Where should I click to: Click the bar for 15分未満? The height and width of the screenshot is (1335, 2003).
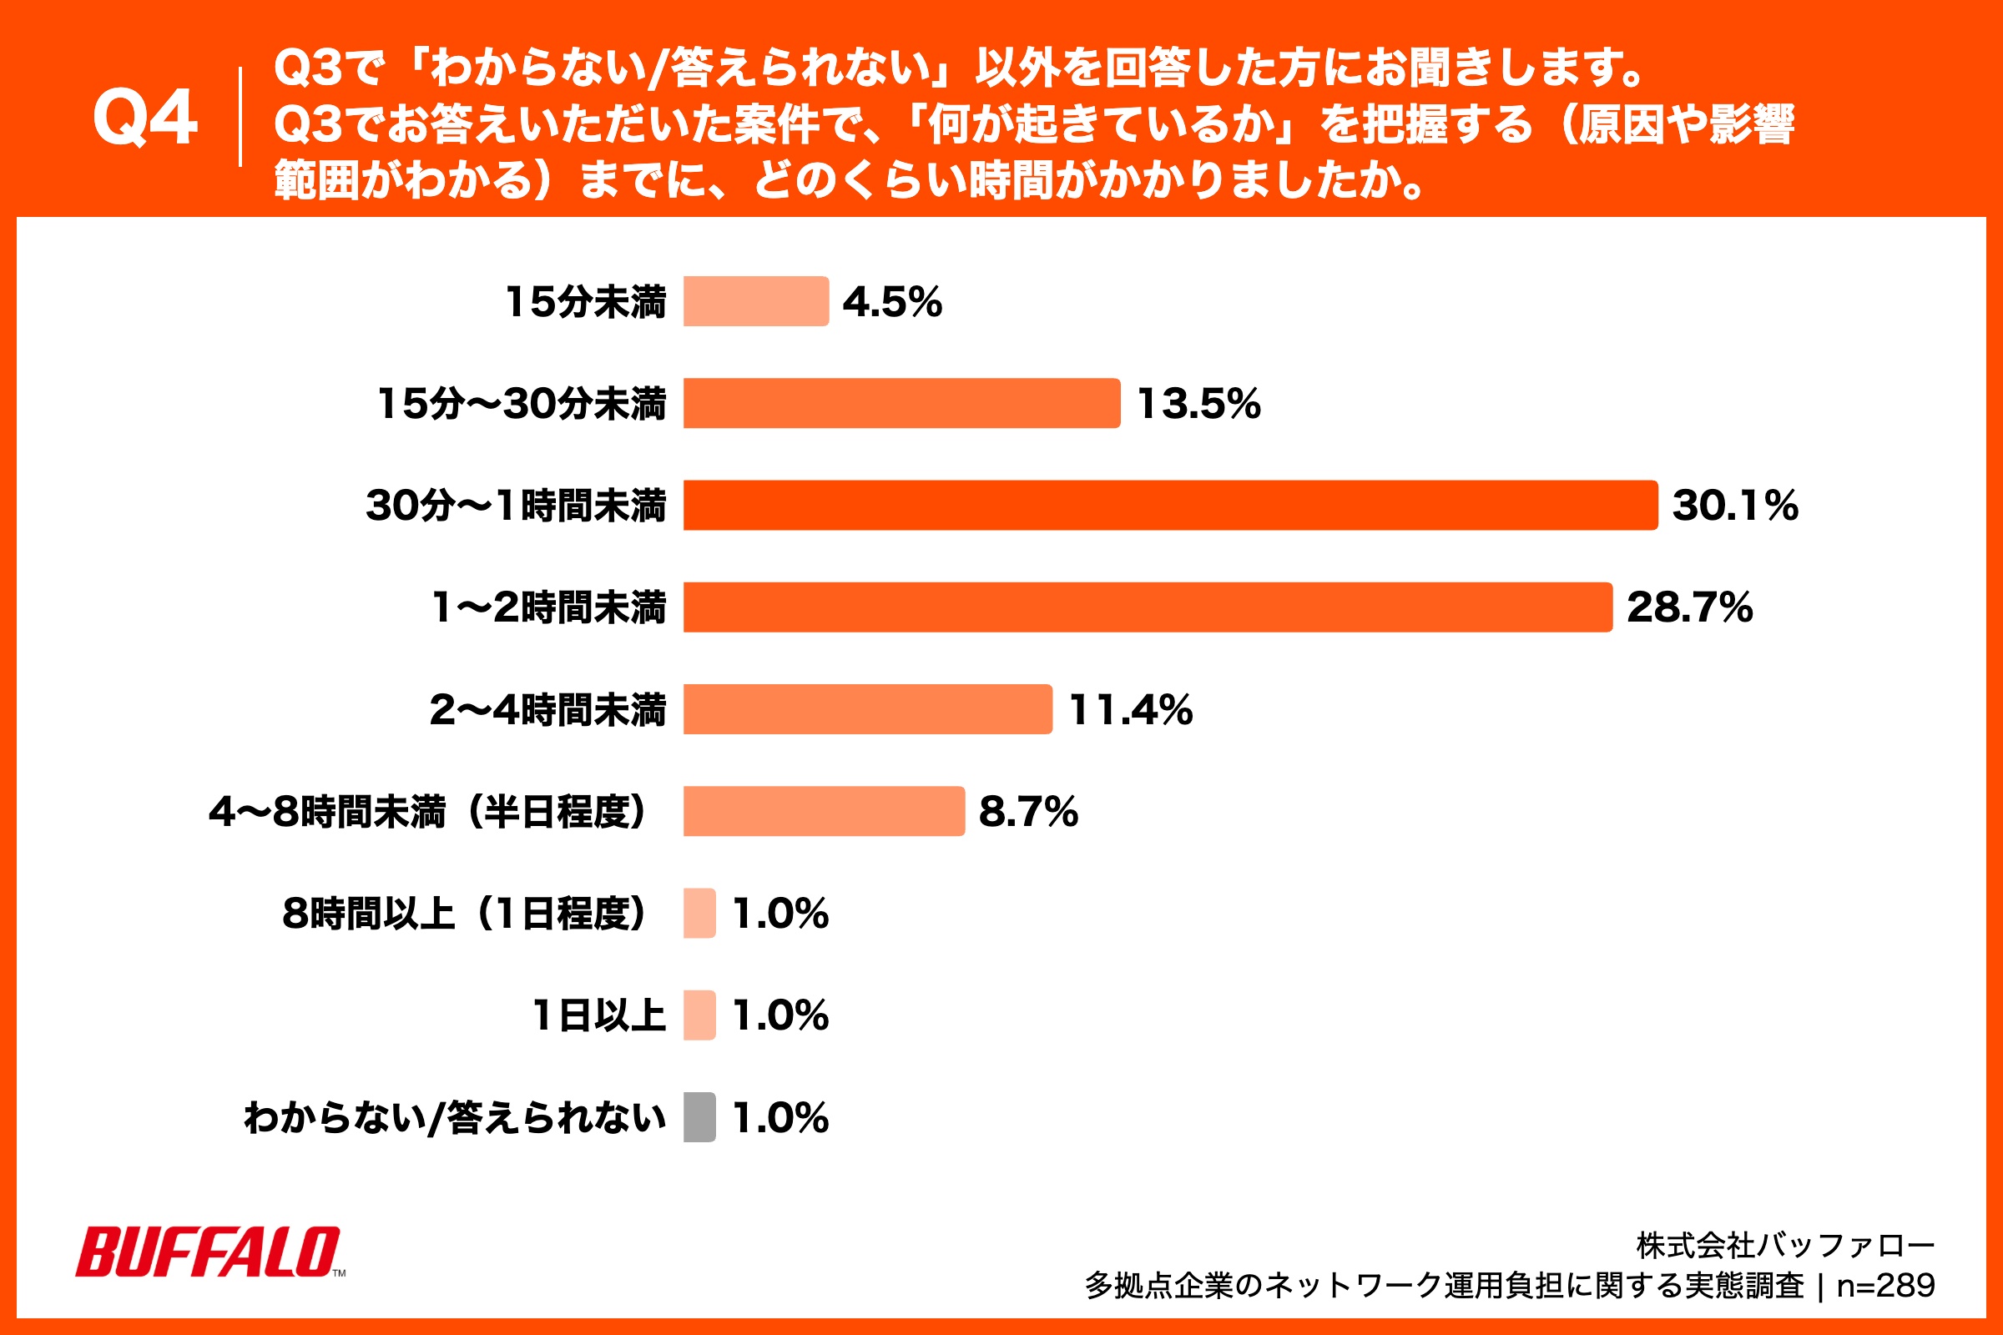tap(755, 301)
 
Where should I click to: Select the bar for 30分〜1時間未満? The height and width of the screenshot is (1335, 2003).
tap(1170, 505)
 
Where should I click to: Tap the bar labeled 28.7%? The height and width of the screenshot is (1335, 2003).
tap(1147, 607)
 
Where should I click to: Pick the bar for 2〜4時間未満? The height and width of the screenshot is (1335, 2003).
tap(868, 709)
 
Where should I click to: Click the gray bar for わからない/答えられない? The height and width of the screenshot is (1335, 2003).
tap(699, 1117)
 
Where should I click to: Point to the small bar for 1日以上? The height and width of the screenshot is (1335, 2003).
tap(699, 1015)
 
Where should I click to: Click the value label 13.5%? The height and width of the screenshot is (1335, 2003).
tap(1198, 404)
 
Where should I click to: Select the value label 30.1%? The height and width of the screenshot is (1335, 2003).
tap(1735, 505)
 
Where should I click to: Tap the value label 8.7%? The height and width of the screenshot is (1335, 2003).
tap(1028, 811)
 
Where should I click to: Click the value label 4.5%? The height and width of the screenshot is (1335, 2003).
tap(891, 301)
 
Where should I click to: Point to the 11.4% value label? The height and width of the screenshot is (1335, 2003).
tap(1130, 709)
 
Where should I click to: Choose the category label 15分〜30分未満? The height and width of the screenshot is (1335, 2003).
tap(521, 404)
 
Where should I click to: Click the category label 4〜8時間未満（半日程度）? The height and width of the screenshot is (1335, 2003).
tap(428, 811)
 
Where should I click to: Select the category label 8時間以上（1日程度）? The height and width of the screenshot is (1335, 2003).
tap(465, 914)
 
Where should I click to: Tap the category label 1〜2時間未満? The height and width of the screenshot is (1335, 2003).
tap(548, 607)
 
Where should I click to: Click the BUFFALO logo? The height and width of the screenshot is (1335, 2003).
tap(209, 1252)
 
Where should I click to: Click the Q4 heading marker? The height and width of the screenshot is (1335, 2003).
tap(144, 118)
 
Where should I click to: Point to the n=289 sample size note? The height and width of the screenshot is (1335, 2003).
tap(1885, 1286)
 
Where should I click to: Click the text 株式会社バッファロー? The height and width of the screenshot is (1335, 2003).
tap(1785, 1246)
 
